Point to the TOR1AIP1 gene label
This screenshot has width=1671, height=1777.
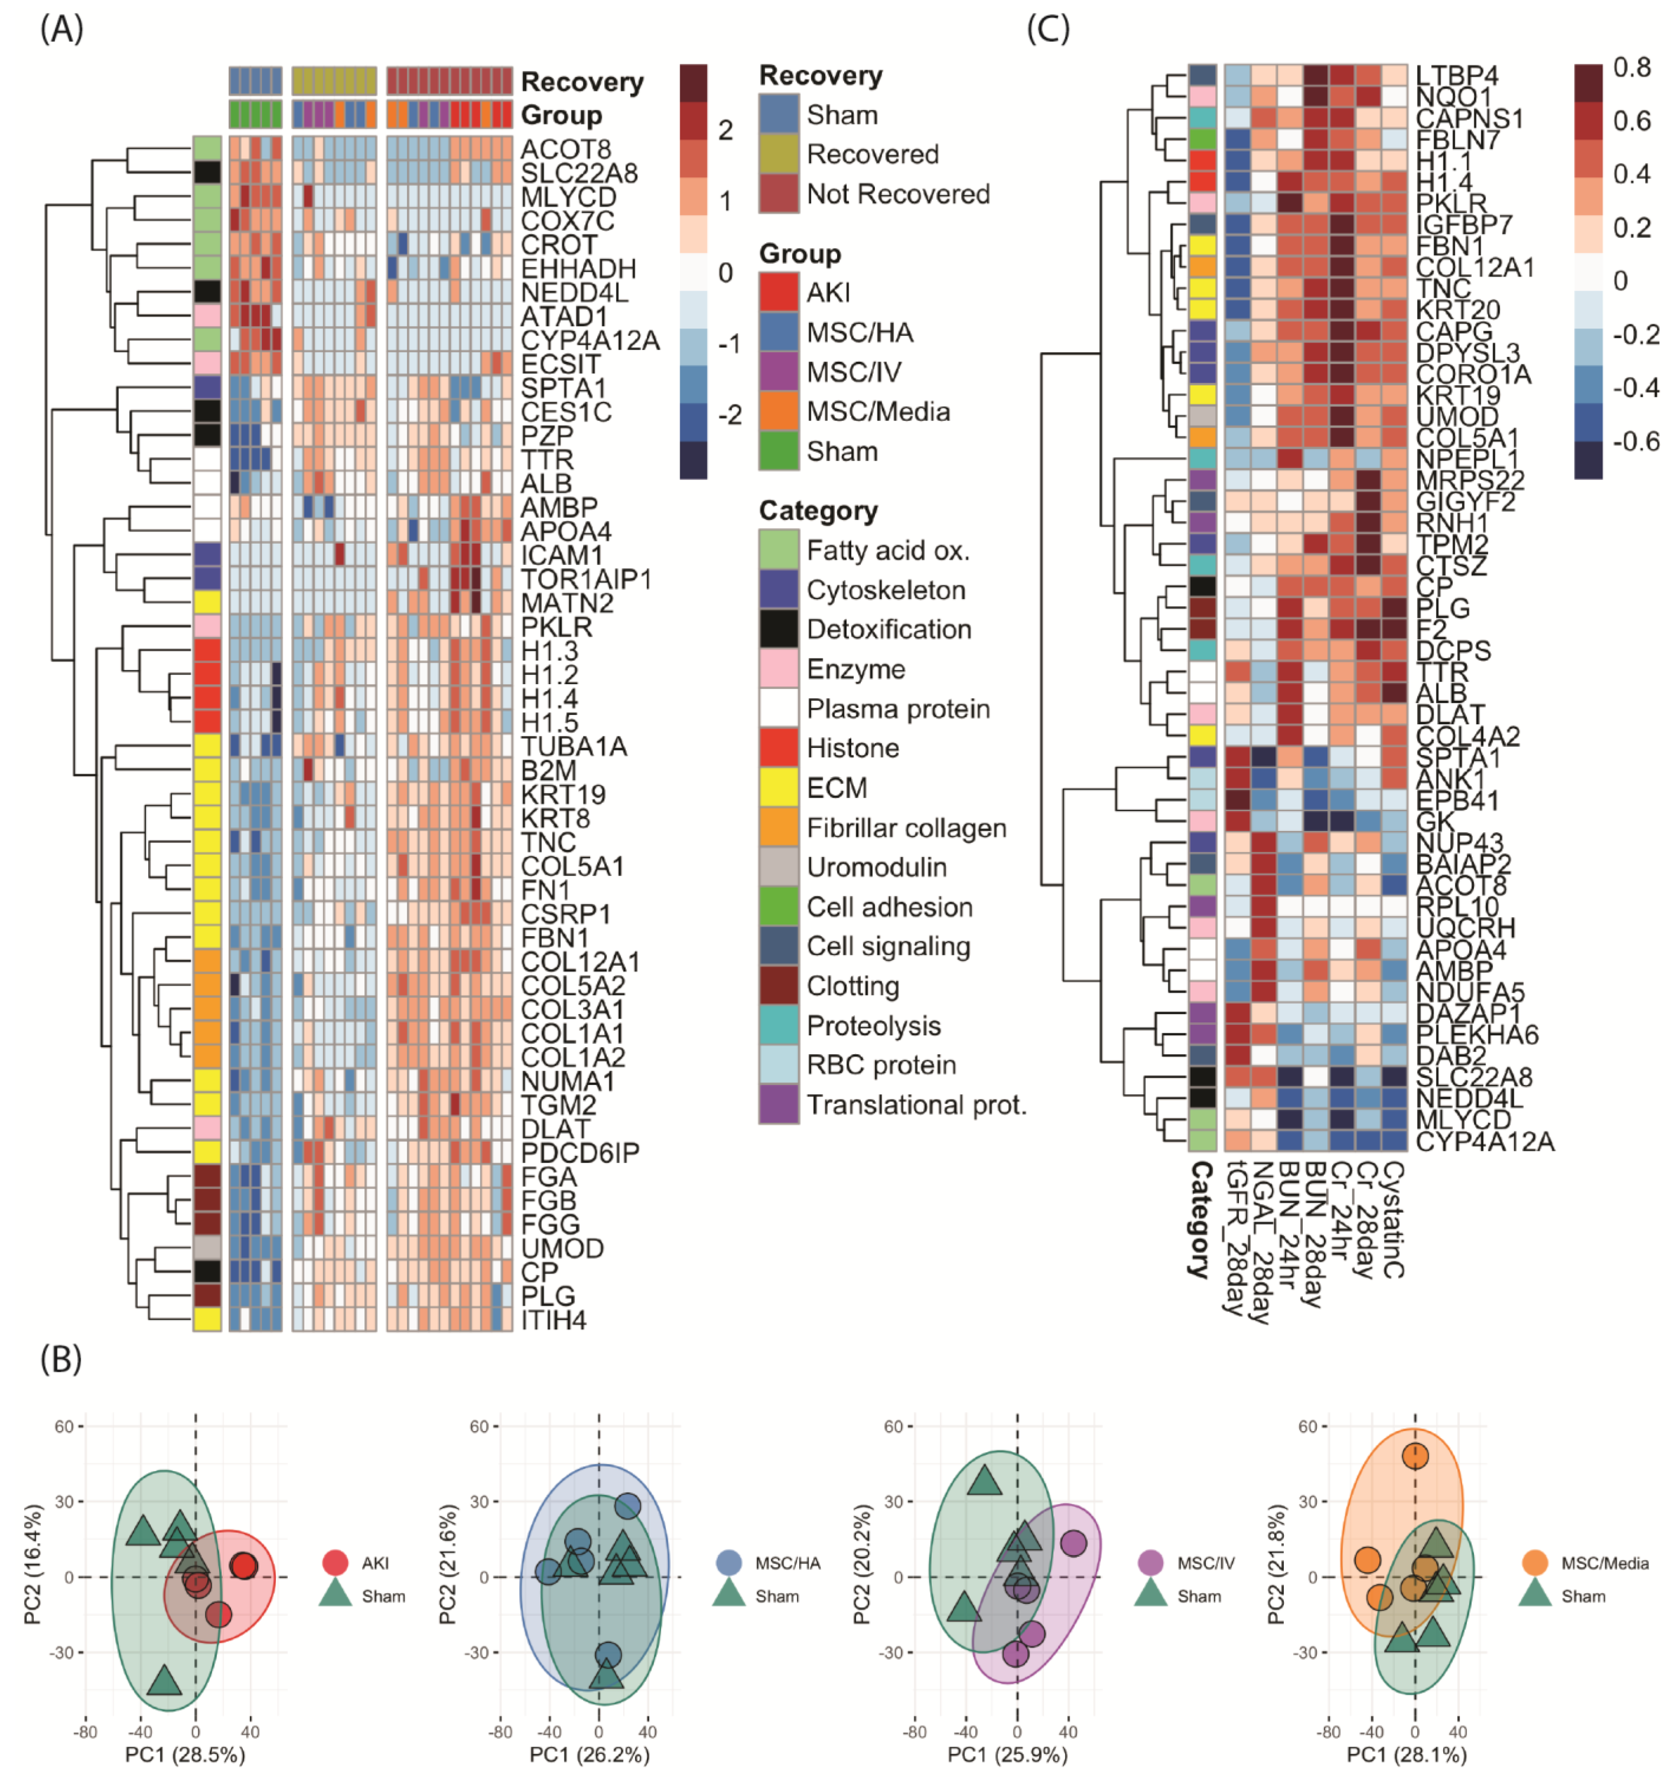pos(586,579)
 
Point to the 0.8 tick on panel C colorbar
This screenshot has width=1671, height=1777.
pos(1632,67)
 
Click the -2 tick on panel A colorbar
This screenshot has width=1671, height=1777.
pos(730,415)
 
